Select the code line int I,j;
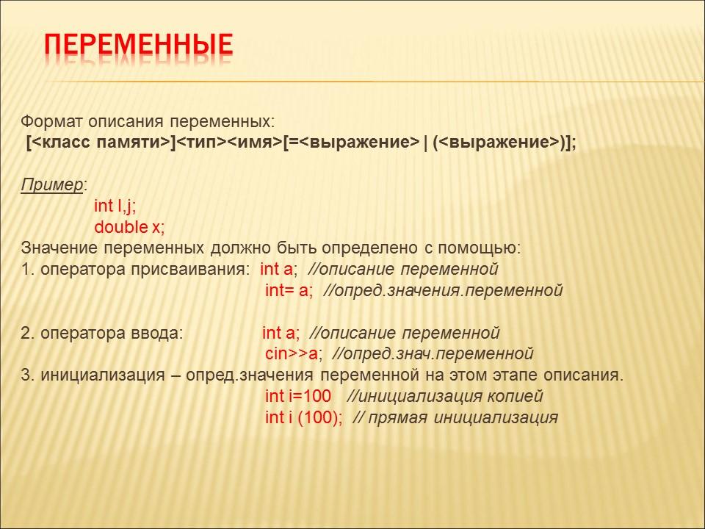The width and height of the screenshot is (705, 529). coord(115,206)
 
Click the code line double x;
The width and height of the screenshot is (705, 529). coord(129,227)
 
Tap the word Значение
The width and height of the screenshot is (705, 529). coord(58,248)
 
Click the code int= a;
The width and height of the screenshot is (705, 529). coord(289,290)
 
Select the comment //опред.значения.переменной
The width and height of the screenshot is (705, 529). coord(442,290)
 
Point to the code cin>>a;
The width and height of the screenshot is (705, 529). coord(294,354)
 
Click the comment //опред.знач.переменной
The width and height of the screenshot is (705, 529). coord(433,354)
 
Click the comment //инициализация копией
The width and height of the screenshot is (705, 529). coord(444,397)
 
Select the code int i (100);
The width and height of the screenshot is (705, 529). coord(303,418)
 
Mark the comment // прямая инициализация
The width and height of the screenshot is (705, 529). coord(455,418)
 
